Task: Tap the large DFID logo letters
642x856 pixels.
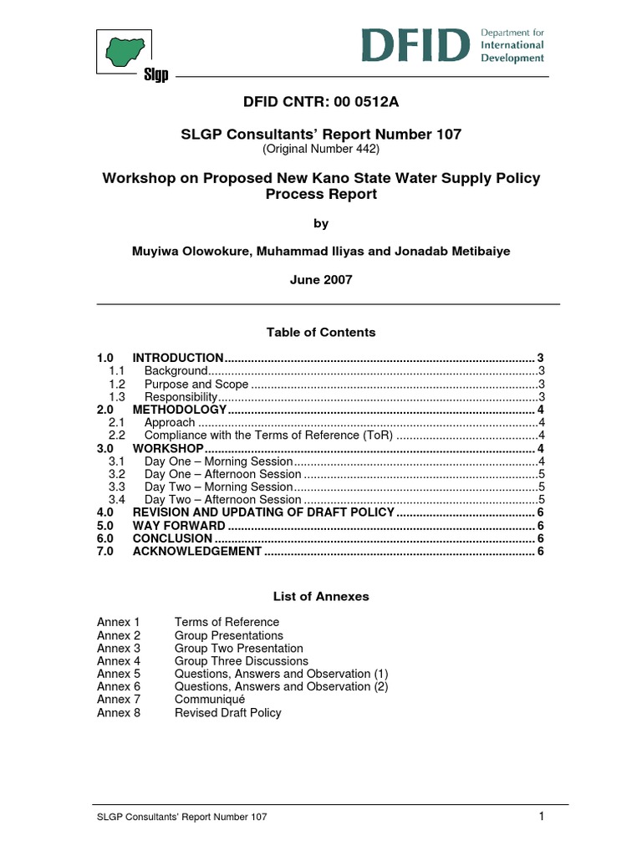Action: point(415,45)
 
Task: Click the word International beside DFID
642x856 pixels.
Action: point(512,45)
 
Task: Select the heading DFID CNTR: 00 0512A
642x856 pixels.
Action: point(321,103)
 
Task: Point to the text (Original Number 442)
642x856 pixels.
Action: point(321,149)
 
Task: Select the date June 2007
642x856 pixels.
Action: point(321,280)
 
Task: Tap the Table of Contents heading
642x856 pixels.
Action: point(321,332)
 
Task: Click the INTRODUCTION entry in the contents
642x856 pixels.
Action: point(178,358)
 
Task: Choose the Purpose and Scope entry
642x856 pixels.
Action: point(196,384)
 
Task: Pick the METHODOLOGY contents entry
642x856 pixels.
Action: point(180,410)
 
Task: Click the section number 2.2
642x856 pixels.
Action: point(117,436)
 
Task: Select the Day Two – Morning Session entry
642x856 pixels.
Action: point(218,487)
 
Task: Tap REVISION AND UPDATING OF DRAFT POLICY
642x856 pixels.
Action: point(262,512)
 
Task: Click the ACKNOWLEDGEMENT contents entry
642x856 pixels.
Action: point(197,551)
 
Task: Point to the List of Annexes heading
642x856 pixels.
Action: point(321,597)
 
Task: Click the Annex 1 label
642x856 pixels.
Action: point(119,622)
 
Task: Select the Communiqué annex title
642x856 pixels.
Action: point(209,699)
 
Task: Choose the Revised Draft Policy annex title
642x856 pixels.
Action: point(227,712)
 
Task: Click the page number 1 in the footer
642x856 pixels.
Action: point(542,817)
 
